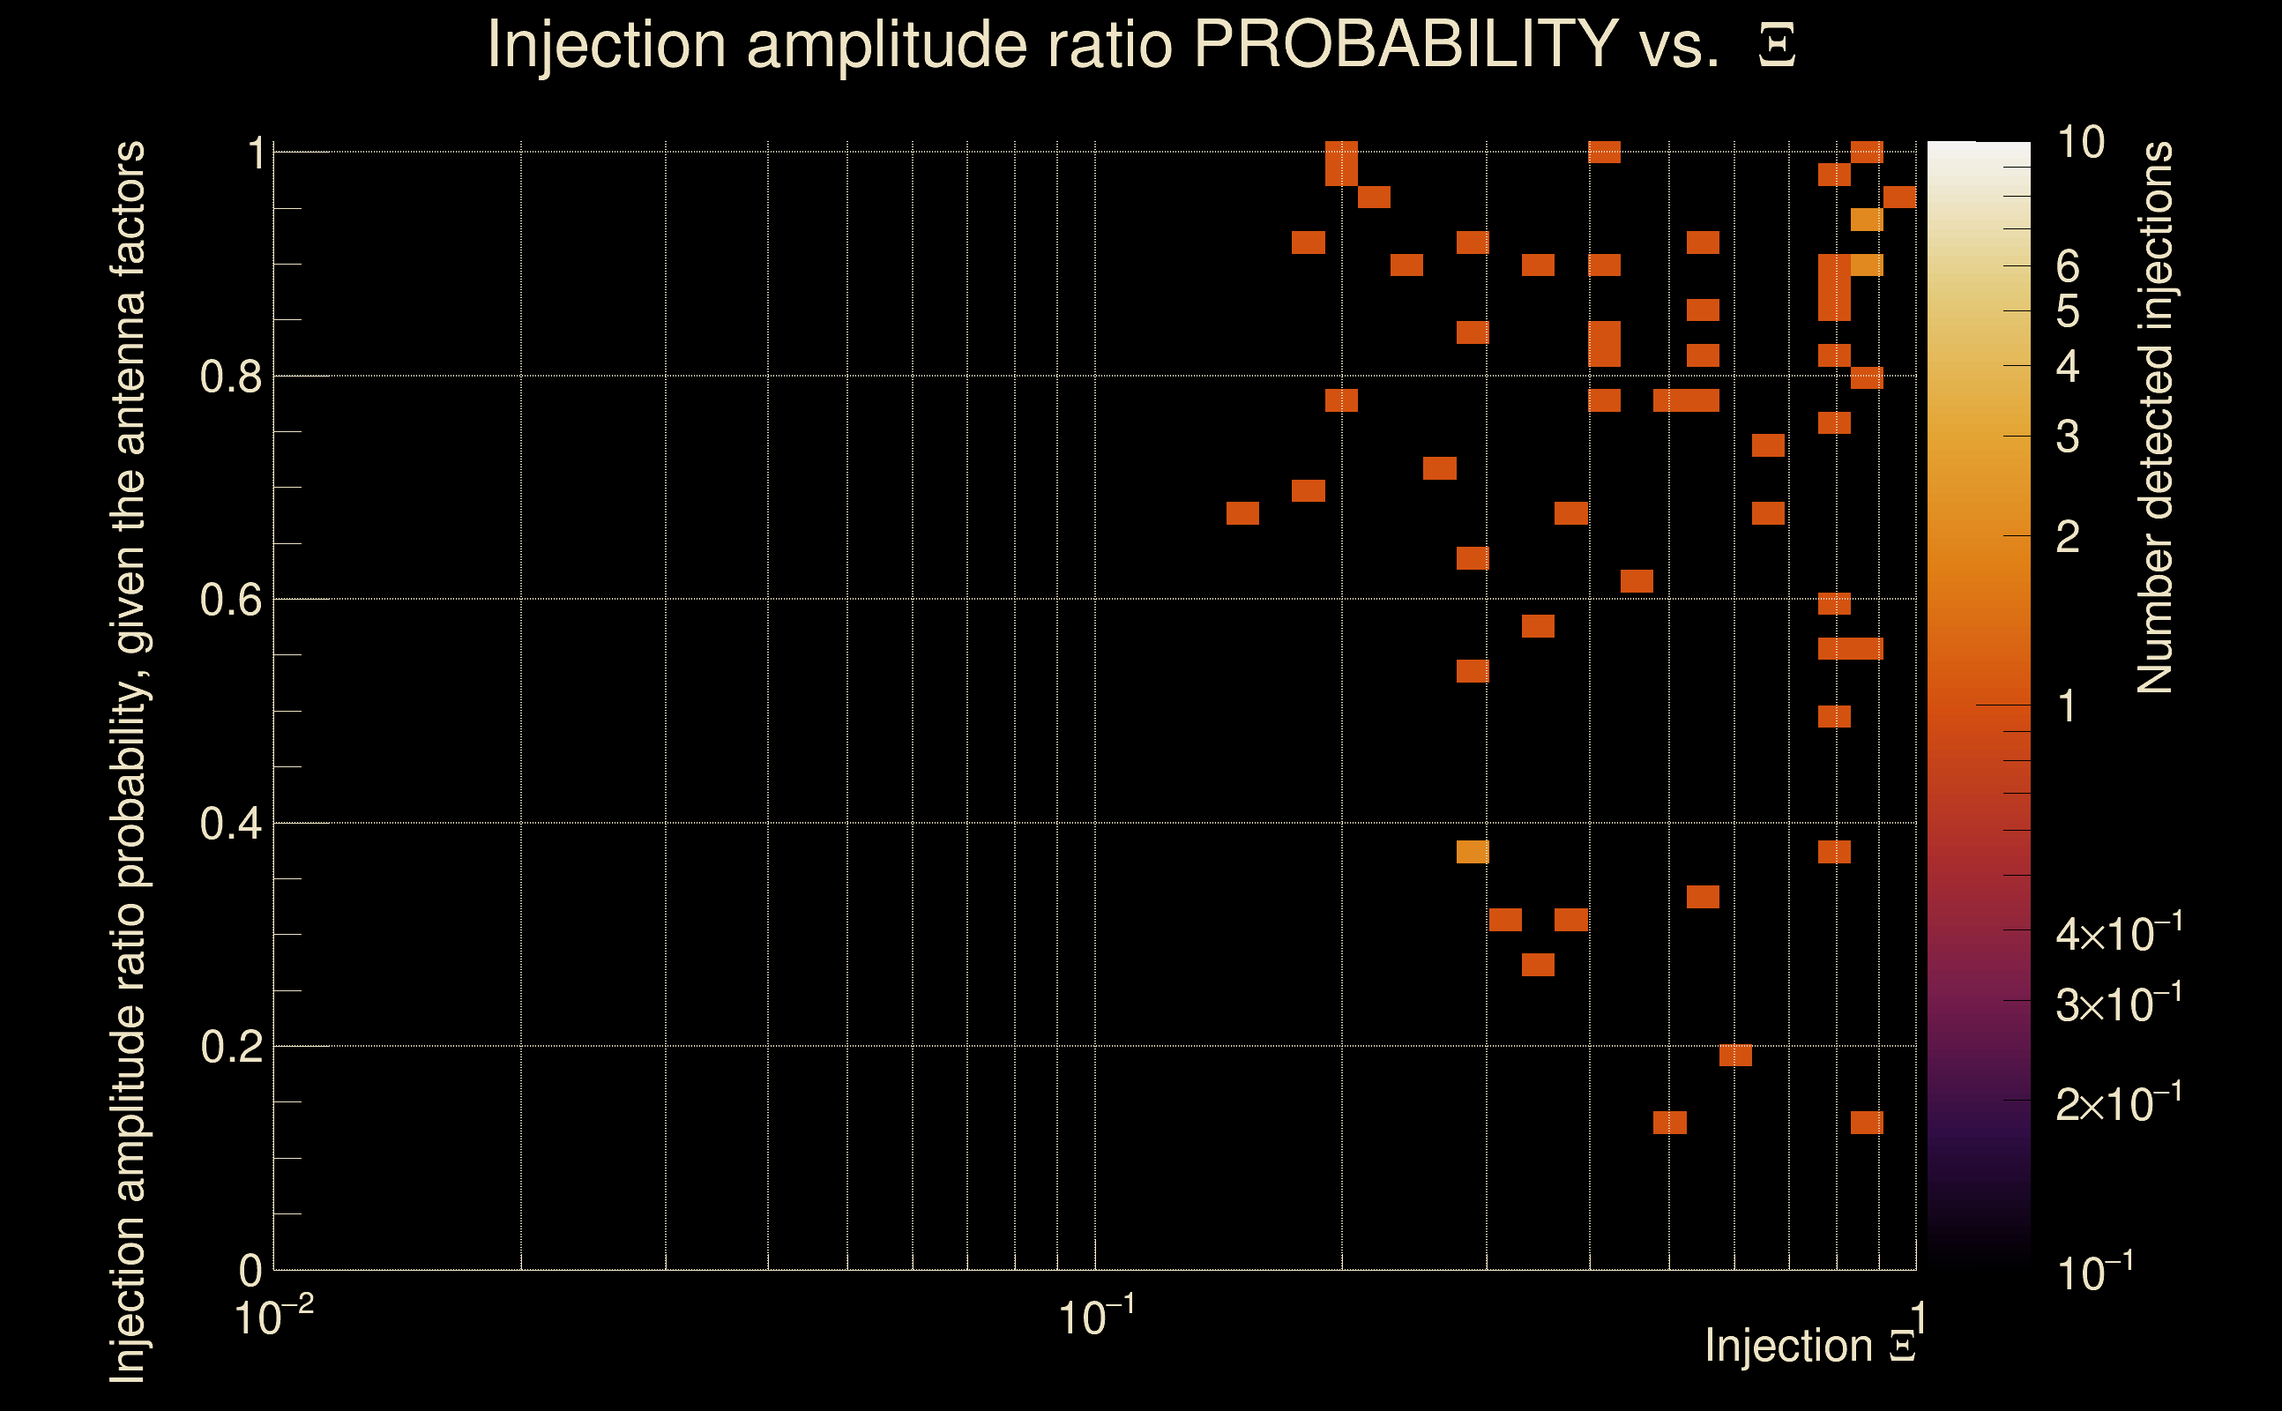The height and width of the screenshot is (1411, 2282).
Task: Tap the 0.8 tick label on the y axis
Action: click(230, 377)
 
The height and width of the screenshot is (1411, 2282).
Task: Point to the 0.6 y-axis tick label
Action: click(230, 600)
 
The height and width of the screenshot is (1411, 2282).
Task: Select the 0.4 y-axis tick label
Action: click(230, 824)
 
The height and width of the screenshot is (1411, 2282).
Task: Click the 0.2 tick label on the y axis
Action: click(230, 1047)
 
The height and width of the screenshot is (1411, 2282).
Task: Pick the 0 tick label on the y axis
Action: click(250, 1271)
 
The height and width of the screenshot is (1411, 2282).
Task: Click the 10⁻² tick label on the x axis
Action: click(273, 1318)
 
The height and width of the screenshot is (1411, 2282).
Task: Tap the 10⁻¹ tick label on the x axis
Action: click(1095, 1318)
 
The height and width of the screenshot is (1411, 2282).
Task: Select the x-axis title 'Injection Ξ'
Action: click(1810, 1346)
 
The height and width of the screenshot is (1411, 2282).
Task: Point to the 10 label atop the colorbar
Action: click(2079, 143)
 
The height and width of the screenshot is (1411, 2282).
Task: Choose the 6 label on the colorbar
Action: click(2068, 267)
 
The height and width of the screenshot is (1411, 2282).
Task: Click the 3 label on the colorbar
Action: click(2068, 437)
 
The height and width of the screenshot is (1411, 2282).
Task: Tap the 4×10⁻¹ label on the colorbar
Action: click(2118, 933)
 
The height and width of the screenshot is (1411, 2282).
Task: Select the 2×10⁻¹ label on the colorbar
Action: click(2118, 1104)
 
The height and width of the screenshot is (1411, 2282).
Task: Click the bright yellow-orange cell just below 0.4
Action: click(1473, 852)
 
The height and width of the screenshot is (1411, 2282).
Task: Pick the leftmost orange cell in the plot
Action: click(1242, 513)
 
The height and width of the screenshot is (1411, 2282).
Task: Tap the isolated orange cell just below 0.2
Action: click(1735, 1056)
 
